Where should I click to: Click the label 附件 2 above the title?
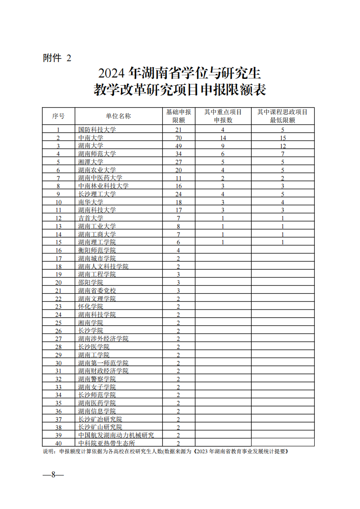coord(57,58)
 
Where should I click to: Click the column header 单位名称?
coord(118,116)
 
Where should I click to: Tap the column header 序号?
coord(58,116)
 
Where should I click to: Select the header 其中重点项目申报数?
coord(223,116)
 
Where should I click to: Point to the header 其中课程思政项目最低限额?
coord(282,116)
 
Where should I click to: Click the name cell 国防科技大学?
coord(97,130)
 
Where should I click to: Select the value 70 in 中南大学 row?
coord(178,138)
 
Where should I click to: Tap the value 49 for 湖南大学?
coord(178,146)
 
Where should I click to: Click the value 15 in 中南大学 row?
coord(282,138)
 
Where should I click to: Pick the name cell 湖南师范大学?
coord(97,154)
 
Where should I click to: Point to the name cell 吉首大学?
coord(91,218)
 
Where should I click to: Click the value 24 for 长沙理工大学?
coord(178,194)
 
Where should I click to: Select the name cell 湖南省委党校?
coord(97,291)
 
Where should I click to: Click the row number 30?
coord(58,363)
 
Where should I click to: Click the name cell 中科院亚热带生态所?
coord(107,443)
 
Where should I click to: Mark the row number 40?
coord(58,443)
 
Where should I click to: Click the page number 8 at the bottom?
coord(53,475)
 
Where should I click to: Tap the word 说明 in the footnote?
coord(48,451)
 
